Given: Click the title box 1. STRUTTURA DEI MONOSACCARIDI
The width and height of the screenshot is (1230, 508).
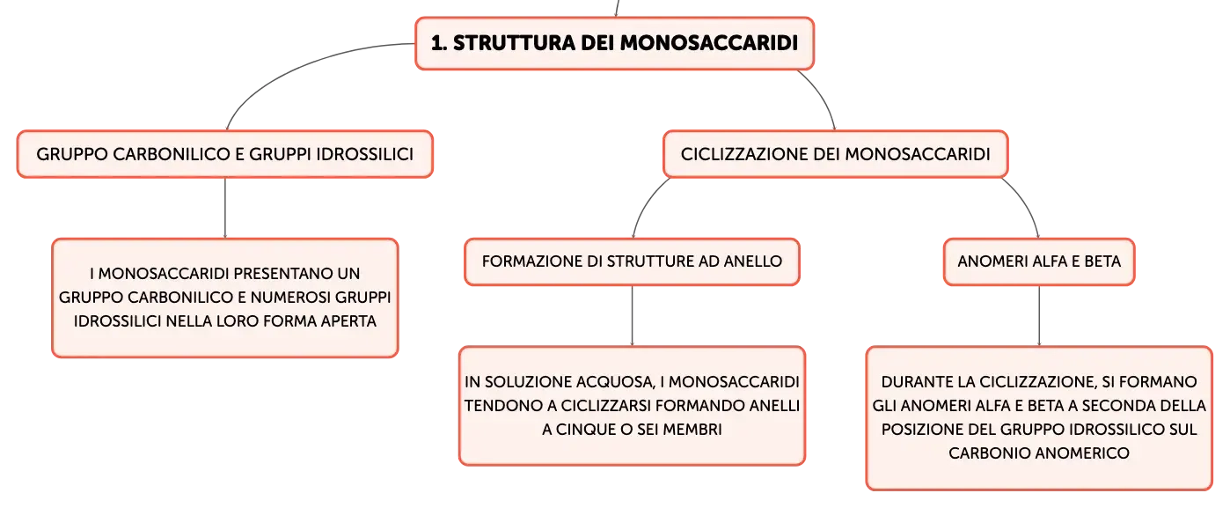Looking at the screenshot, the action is coord(614,43).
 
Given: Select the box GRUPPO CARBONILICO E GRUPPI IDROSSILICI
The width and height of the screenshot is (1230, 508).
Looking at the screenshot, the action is coord(225,154).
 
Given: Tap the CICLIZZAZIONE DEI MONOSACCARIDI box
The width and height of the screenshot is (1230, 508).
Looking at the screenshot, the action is coord(835,154).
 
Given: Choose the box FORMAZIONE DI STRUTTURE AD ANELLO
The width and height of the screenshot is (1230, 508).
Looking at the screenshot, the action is coord(632,261).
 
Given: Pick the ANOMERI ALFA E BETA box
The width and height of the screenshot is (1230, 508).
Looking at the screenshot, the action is coord(1039,261).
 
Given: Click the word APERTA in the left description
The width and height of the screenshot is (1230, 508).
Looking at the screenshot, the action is coord(348,321).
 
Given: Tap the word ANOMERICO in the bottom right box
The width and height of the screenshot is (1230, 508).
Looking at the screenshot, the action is coord(1081,453).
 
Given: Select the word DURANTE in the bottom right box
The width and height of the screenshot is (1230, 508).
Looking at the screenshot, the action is coord(914,382).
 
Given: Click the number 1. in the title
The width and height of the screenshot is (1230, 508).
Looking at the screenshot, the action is coord(439,43).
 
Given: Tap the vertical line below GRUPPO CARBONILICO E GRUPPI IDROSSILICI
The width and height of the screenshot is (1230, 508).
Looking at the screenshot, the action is coord(225,208).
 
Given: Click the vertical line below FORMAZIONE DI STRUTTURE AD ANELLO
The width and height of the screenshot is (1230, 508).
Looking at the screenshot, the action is coord(632,316).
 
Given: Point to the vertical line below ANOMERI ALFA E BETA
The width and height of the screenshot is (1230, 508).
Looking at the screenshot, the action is coord(1039,316).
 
